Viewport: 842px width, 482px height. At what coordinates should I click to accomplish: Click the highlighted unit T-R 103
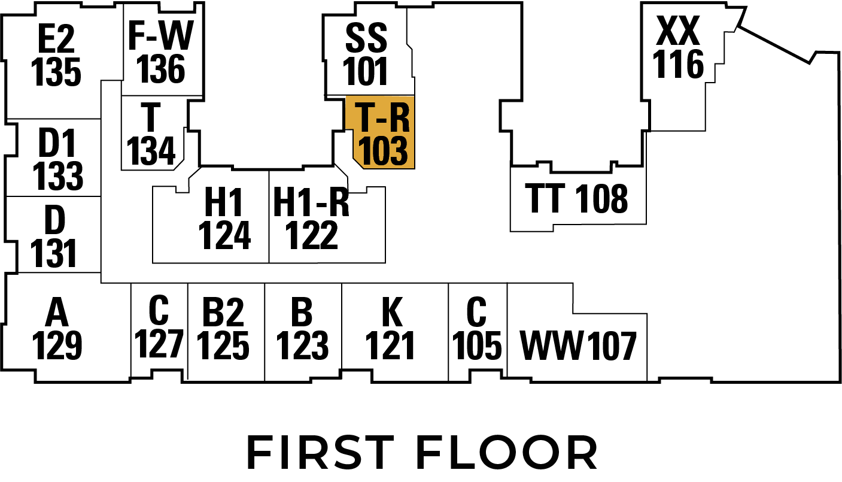coord(382,133)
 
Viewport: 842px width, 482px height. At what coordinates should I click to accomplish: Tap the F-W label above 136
coord(160,36)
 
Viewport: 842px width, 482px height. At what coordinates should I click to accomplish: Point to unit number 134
coord(151,151)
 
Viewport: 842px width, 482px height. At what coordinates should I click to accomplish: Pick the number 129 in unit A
coord(57,345)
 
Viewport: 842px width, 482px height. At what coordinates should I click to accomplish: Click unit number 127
coord(159,343)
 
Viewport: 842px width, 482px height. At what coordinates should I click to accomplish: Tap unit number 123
coord(303,345)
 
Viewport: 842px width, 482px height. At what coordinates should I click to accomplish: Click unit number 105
coord(477,345)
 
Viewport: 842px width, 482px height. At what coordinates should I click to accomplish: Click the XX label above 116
coord(678,31)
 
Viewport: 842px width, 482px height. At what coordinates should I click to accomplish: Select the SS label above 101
coord(366,39)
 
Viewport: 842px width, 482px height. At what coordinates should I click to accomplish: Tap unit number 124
coord(224,235)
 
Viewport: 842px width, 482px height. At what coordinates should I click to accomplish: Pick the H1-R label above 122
coord(311,202)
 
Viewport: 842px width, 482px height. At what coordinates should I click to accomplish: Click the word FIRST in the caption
coord(320,453)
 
